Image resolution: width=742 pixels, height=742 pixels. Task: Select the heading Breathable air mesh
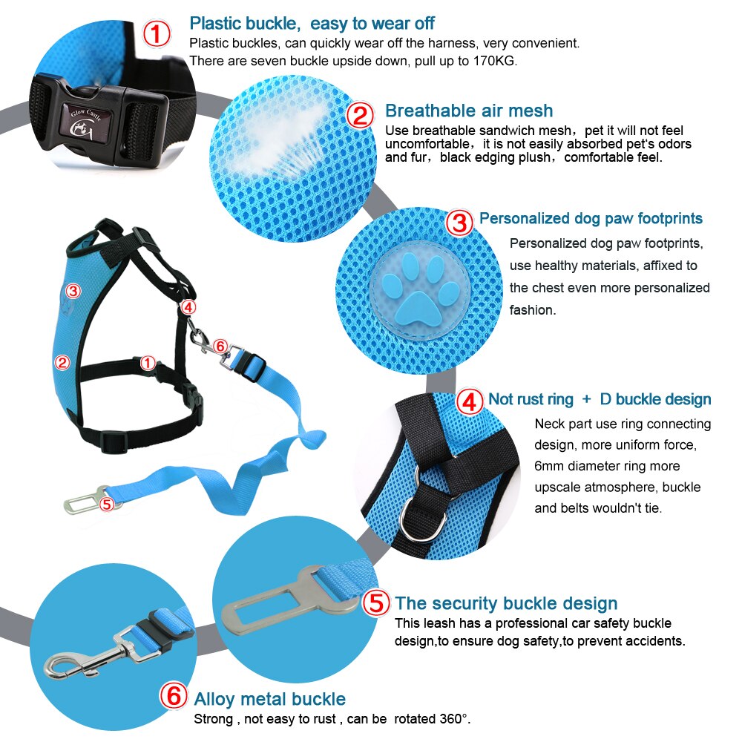(x=468, y=111)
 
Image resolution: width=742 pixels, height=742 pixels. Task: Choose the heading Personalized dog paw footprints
(x=591, y=218)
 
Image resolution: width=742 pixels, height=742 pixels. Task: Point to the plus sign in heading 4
(x=586, y=399)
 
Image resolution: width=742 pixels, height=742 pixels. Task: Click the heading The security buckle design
(x=505, y=603)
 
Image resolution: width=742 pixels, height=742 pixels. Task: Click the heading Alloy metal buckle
(x=269, y=698)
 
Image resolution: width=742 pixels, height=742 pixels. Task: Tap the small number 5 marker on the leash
(x=106, y=504)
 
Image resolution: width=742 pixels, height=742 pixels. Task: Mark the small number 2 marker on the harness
(x=63, y=362)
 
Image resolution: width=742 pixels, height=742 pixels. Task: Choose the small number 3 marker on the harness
(x=72, y=289)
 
